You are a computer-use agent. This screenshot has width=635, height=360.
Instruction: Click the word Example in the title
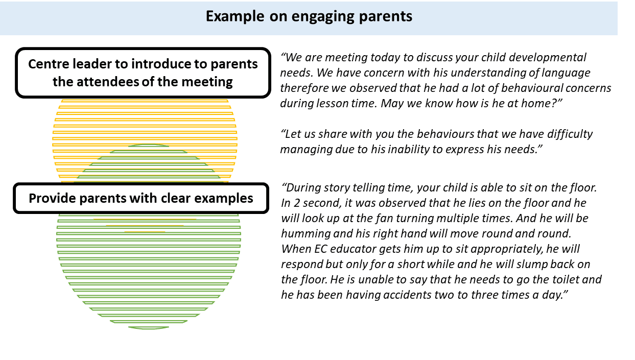pos(235,16)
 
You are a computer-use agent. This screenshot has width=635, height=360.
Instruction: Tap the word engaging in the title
pos(322,17)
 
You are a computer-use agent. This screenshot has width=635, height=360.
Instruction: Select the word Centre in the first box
pos(49,64)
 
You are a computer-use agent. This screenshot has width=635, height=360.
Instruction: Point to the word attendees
pos(107,82)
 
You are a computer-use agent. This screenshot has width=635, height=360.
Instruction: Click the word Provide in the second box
pos(53,198)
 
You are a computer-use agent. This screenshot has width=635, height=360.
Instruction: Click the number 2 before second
pos(296,203)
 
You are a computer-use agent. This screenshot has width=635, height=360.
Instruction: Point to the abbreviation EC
pos(321,249)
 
